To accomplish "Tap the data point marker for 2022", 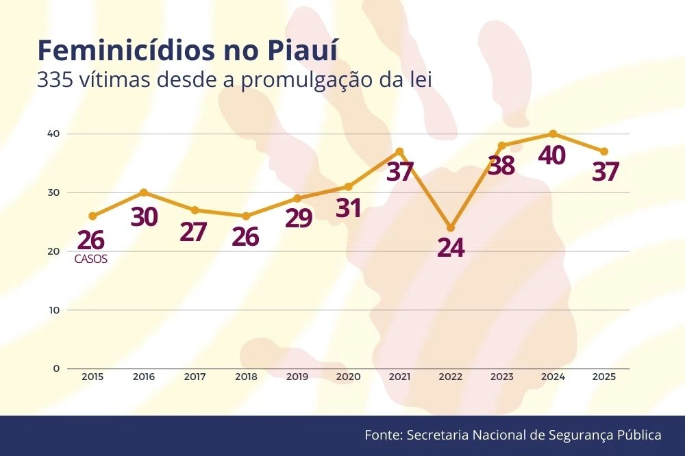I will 451,227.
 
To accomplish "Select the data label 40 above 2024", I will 551,156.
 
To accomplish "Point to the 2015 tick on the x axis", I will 92,377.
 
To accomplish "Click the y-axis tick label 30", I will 53,192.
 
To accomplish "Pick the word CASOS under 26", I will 91,259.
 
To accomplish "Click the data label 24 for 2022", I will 450,248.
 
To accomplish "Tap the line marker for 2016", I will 144,192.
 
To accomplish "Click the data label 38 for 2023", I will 501,166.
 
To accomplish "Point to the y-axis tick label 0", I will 56,368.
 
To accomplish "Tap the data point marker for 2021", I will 399,151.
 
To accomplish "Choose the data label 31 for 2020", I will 348,207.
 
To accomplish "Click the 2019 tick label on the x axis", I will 297,377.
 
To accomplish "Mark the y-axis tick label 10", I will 53,309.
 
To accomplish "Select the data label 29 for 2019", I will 297,218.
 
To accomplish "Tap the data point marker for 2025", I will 604,151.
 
